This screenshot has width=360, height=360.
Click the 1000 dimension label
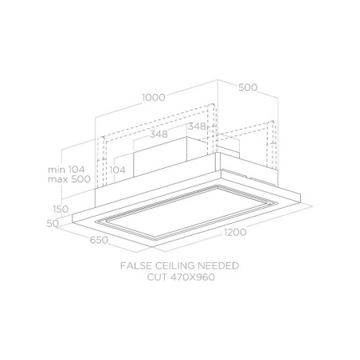(x=154, y=97)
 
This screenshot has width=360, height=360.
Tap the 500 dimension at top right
(x=248, y=88)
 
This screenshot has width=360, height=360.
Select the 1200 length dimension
(x=235, y=233)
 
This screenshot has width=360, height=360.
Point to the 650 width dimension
(x=99, y=240)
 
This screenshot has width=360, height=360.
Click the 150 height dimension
(x=61, y=209)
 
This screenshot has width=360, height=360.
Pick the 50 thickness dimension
(x=53, y=224)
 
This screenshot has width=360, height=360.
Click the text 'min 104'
(x=66, y=170)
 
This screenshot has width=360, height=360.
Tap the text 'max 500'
(x=69, y=179)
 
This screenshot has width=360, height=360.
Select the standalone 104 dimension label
(x=117, y=170)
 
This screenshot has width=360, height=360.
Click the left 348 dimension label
(x=158, y=134)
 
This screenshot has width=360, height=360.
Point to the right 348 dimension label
(x=197, y=127)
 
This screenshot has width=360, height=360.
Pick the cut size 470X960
(x=193, y=277)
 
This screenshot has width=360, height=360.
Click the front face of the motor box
(x=160, y=157)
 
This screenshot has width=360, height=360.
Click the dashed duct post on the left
(x=101, y=162)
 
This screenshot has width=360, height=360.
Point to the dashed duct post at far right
(x=272, y=145)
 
